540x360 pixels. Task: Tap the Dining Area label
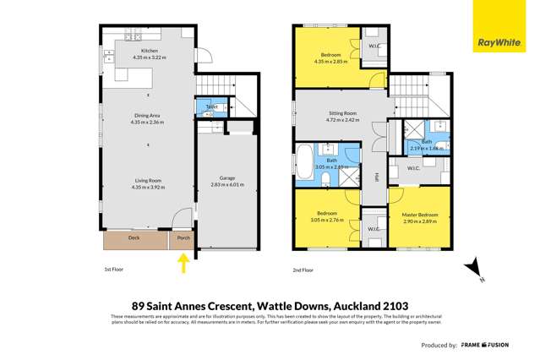point(148,117)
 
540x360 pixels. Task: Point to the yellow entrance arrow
point(183,265)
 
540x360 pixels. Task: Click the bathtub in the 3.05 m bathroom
point(303,161)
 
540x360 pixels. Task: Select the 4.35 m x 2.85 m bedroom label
point(330,57)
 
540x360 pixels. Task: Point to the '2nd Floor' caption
point(302,270)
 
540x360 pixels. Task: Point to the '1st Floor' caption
point(102,270)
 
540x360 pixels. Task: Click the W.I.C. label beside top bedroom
point(374,46)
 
